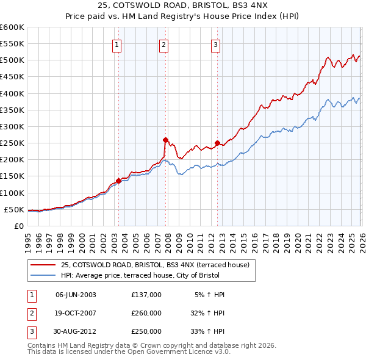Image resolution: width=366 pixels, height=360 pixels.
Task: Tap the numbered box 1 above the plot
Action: pos(117,44)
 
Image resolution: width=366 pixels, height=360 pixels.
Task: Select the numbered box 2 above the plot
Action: pos(164,44)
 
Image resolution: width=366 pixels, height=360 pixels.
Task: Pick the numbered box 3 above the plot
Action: pos(216,44)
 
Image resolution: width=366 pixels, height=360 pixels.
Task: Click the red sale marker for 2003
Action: pos(118,181)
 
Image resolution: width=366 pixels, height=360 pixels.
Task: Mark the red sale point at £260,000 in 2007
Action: pos(165,140)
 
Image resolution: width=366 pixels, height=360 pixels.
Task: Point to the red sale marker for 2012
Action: pos(217,143)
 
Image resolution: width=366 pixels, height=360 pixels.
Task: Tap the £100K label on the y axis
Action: pos(12,193)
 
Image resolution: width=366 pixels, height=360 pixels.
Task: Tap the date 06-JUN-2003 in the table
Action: pos(76,295)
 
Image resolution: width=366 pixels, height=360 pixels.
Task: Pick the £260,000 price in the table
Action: pos(146,313)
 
